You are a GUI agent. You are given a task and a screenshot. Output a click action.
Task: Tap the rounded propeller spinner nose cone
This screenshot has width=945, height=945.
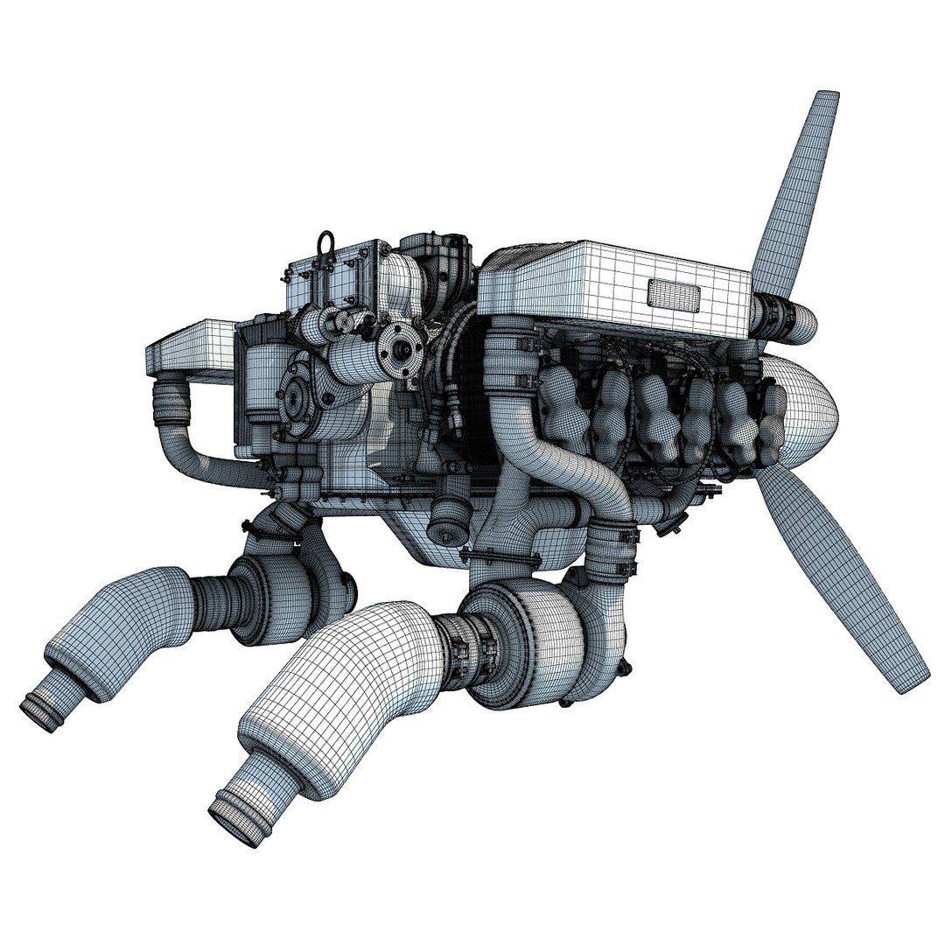pyautogui.click(x=809, y=411)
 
